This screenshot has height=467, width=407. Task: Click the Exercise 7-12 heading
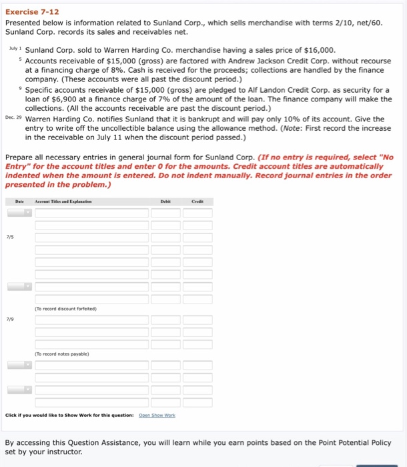pyautogui.click(x=29, y=9)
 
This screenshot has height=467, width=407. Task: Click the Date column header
pyautogui.click(x=19, y=200)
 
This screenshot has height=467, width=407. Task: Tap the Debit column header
pyautogui.click(x=165, y=200)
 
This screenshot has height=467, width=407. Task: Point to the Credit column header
pyautogui.click(x=197, y=200)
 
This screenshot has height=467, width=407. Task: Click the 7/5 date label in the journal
pyautogui.click(x=9, y=236)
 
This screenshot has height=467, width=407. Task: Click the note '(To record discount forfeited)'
pyautogui.click(x=66, y=309)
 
